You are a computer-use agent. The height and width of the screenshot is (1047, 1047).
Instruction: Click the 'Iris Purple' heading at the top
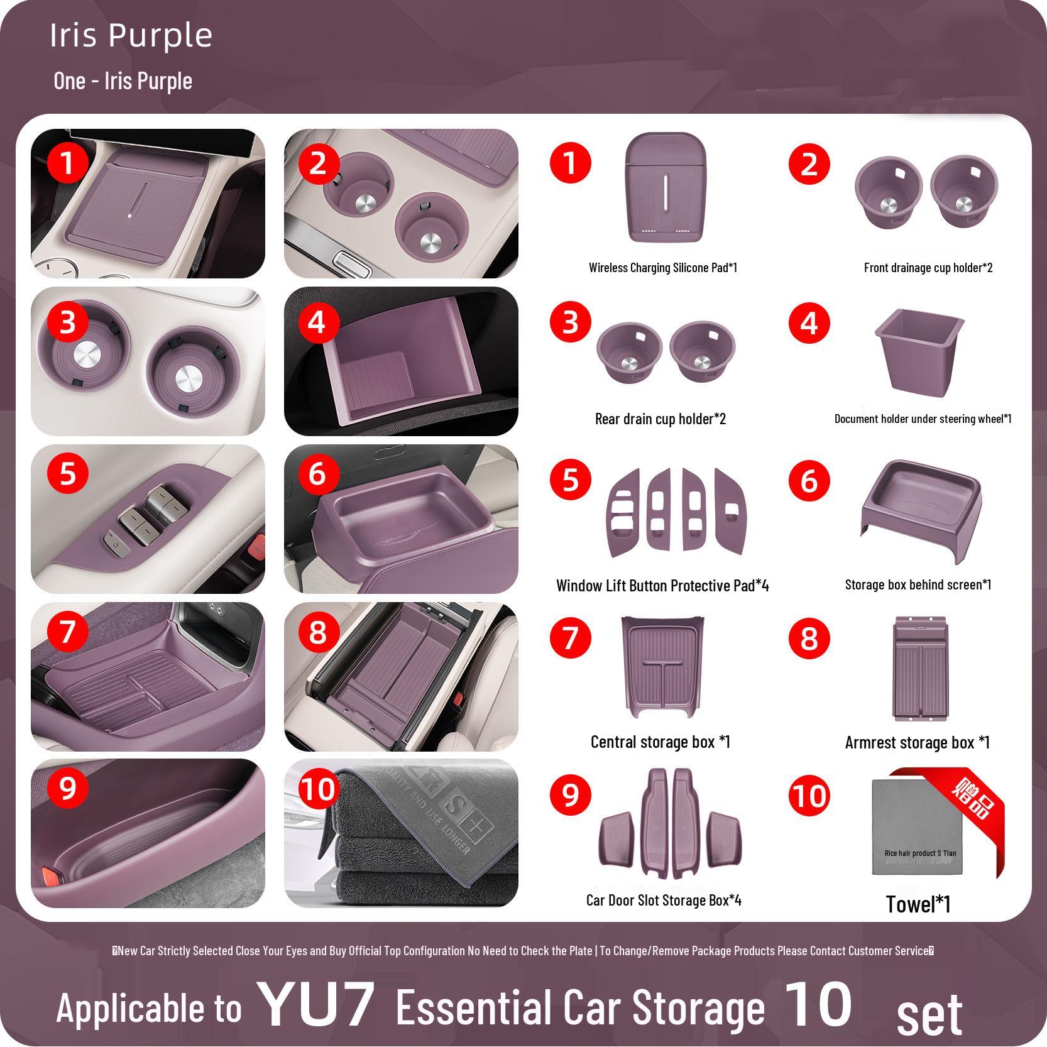[131, 35]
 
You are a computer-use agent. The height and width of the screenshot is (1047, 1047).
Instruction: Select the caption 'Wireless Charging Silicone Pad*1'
[662, 268]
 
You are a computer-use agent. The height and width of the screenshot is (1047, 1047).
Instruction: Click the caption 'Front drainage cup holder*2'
[928, 268]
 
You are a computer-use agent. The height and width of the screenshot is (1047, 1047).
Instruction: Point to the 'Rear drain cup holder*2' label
[660, 419]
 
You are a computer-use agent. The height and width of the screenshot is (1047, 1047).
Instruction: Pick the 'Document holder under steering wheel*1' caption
[923, 419]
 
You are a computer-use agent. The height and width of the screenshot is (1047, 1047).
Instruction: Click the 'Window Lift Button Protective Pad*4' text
[662, 586]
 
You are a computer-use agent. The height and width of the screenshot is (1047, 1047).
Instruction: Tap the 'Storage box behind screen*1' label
[918, 585]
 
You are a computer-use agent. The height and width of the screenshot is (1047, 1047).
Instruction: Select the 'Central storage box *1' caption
[660, 742]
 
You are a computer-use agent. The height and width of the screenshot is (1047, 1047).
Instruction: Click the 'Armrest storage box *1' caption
[917, 743]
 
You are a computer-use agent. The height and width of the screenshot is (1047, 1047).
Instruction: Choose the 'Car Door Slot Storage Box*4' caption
[664, 901]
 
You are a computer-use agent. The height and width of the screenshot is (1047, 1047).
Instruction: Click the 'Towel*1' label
[918, 905]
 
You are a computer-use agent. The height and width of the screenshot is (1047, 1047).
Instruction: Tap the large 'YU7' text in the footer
[317, 1004]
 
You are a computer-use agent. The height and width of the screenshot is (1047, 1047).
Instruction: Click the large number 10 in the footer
[818, 1004]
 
